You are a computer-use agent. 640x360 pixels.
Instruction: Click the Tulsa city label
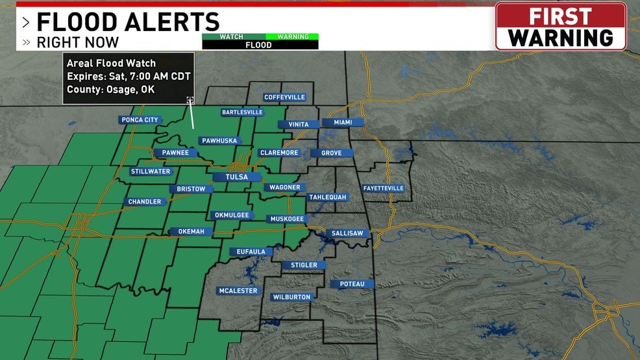[x=236, y=176]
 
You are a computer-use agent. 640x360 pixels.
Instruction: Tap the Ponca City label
[x=140, y=119]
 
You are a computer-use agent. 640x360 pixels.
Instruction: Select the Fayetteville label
[x=383, y=188]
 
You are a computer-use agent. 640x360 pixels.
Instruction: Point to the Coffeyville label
[x=284, y=97]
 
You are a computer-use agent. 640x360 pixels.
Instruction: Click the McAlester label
[x=238, y=291]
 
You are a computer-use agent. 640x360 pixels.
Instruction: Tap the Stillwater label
[x=151, y=171]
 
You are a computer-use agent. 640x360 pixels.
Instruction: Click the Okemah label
[x=190, y=232]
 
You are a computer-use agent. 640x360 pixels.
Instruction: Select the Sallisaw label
[x=347, y=233]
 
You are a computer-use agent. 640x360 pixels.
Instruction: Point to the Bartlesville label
[x=242, y=112]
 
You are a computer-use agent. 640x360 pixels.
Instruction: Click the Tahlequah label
[x=328, y=197]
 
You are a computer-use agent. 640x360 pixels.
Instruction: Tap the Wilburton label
[x=291, y=297]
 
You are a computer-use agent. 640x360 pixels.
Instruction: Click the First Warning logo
[x=561, y=27]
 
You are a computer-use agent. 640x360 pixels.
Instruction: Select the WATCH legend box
[x=231, y=37]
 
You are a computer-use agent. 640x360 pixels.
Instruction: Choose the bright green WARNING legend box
[x=293, y=37]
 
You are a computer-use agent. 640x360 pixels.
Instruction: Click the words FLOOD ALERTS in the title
[x=128, y=22]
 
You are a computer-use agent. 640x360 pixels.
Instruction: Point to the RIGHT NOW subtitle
[x=77, y=43]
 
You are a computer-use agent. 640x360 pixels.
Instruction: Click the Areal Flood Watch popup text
[x=111, y=63]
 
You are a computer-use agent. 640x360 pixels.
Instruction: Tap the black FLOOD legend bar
[x=260, y=45]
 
